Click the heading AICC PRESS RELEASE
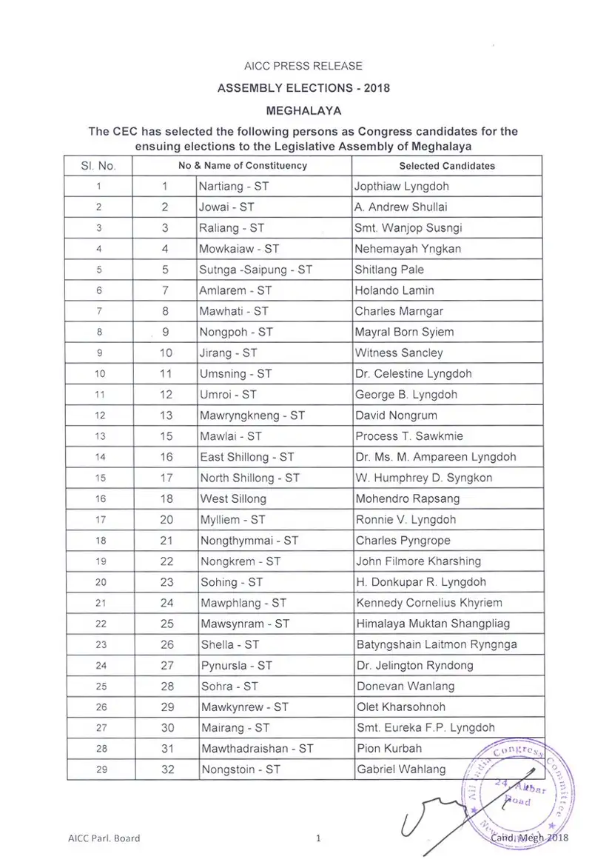[x=303, y=67]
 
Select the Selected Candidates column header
[x=447, y=166]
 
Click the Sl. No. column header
[x=98, y=166]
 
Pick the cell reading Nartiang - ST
[x=234, y=187]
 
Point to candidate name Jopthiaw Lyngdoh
[x=402, y=187]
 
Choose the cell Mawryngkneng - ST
[x=252, y=415]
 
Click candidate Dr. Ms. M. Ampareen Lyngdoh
[x=436, y=458]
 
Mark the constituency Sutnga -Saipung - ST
[x=256, y=270]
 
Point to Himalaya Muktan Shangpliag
[x=433, y=624]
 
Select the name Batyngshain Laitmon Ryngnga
[x=437, y=644]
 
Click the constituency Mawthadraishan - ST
[x=257, y=749]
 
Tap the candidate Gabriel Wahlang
[x=401, y=769]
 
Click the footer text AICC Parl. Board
[x=103, y=838]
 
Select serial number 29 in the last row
[x=101, y=769]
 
